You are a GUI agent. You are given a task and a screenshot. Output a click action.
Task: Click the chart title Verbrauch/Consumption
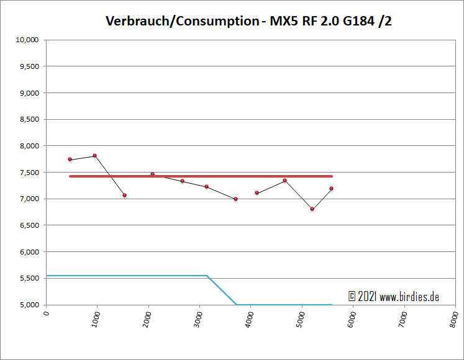pyautogui.click(x=248, y=20)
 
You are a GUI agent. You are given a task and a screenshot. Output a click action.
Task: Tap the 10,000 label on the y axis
pyautogui.click(x=27, y=40)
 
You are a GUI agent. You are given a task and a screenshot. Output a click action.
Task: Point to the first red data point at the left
pyautogui.click(x=70, y=160)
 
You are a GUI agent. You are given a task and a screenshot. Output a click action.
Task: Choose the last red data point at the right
pyautogui.click(x=332, y=188)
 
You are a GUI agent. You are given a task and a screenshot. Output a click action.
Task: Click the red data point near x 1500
pyautogui.click(x=124, y=195)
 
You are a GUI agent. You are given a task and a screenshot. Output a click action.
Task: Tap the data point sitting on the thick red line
pyautogui.click(x=152, y=174)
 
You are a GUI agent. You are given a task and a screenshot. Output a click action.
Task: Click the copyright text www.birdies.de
pyautogui.click(x=394, y=297)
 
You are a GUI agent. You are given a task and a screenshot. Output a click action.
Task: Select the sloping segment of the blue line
pyautogui.click(x=222, y=290)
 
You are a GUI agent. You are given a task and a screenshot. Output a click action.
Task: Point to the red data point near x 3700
pyautogui.click(x=235, y=199)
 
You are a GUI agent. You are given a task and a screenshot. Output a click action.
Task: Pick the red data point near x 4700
pyautogui.click(x=284, y=181)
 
